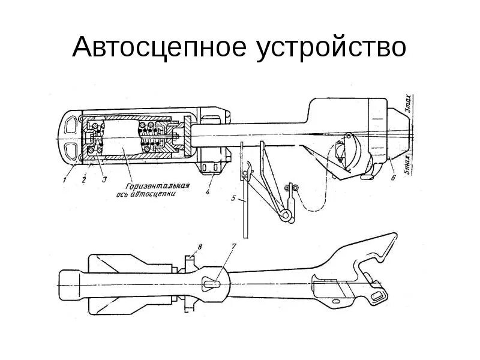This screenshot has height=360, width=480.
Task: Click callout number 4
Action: point(207,192)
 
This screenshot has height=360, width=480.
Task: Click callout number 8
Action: point(200,247)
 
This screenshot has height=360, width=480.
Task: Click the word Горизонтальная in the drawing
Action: point(158,186)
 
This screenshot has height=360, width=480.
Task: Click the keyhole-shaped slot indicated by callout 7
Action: point(212,282)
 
